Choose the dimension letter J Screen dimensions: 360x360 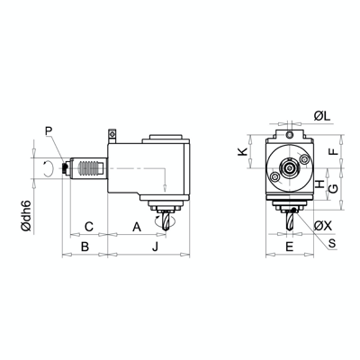click(156, 245)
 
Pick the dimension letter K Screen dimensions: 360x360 click(242, 153)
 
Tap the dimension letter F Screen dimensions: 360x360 click(332, 152)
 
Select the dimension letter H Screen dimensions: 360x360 click(321, 183)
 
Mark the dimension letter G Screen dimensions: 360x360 click(332, 190)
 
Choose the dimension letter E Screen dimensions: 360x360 click(289, 245)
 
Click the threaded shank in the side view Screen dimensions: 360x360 click(88, 167)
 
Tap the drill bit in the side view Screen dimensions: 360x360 click(163, 220)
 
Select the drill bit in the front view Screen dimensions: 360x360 click(290, 219)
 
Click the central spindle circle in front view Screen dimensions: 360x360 click(289, 167)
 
